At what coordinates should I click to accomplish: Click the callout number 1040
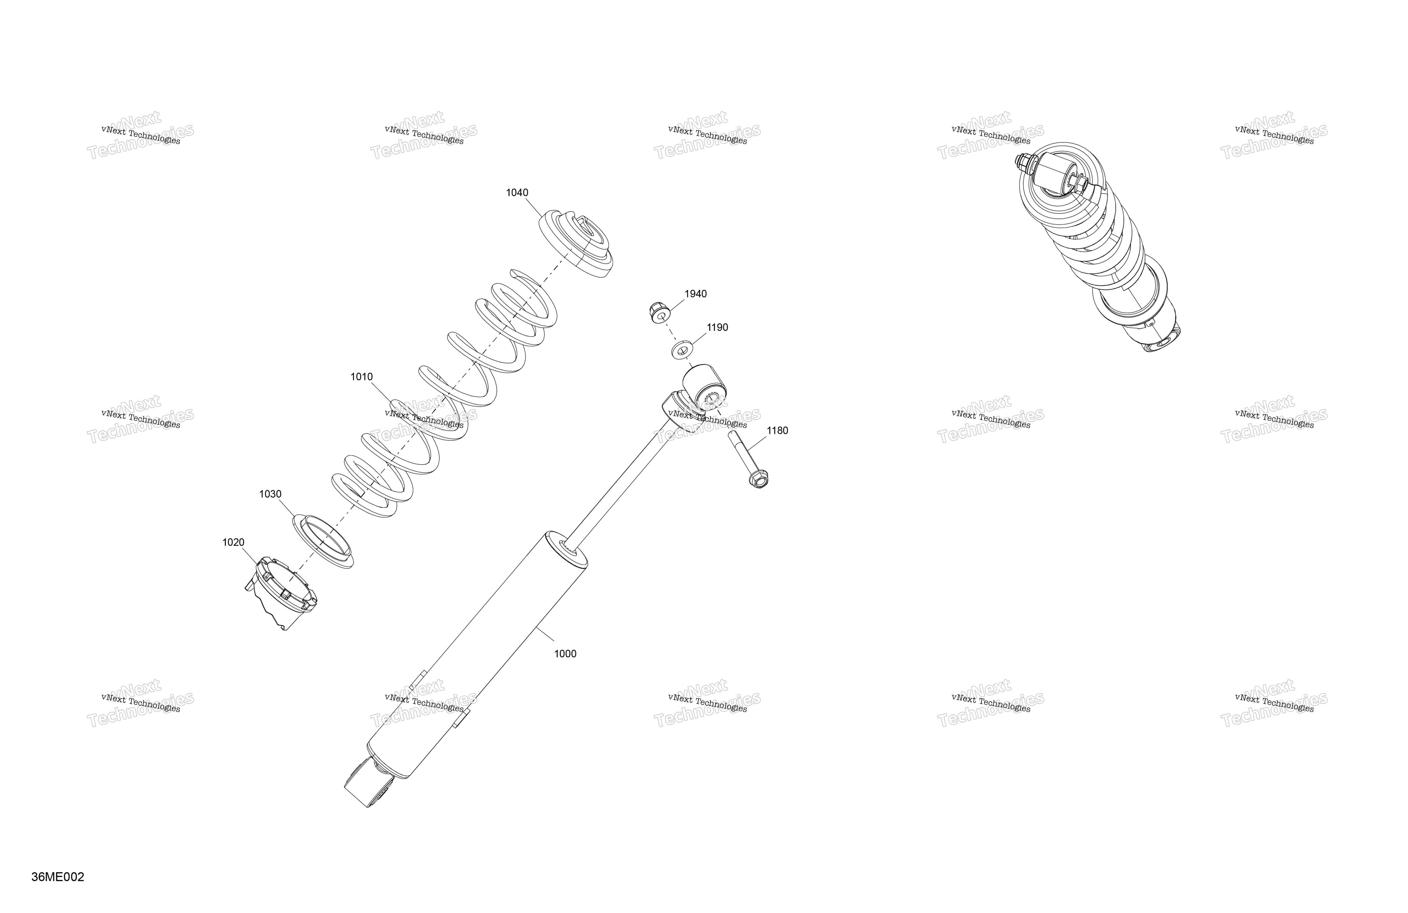[517, 193]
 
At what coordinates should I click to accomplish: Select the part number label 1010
[361, 377]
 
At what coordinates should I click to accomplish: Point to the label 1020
[233, 543]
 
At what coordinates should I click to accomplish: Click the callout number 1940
[696, 294]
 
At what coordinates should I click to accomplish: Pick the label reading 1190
[718, 328]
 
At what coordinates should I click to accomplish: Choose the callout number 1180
[777, 431]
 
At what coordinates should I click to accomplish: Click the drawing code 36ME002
[58, 877]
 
